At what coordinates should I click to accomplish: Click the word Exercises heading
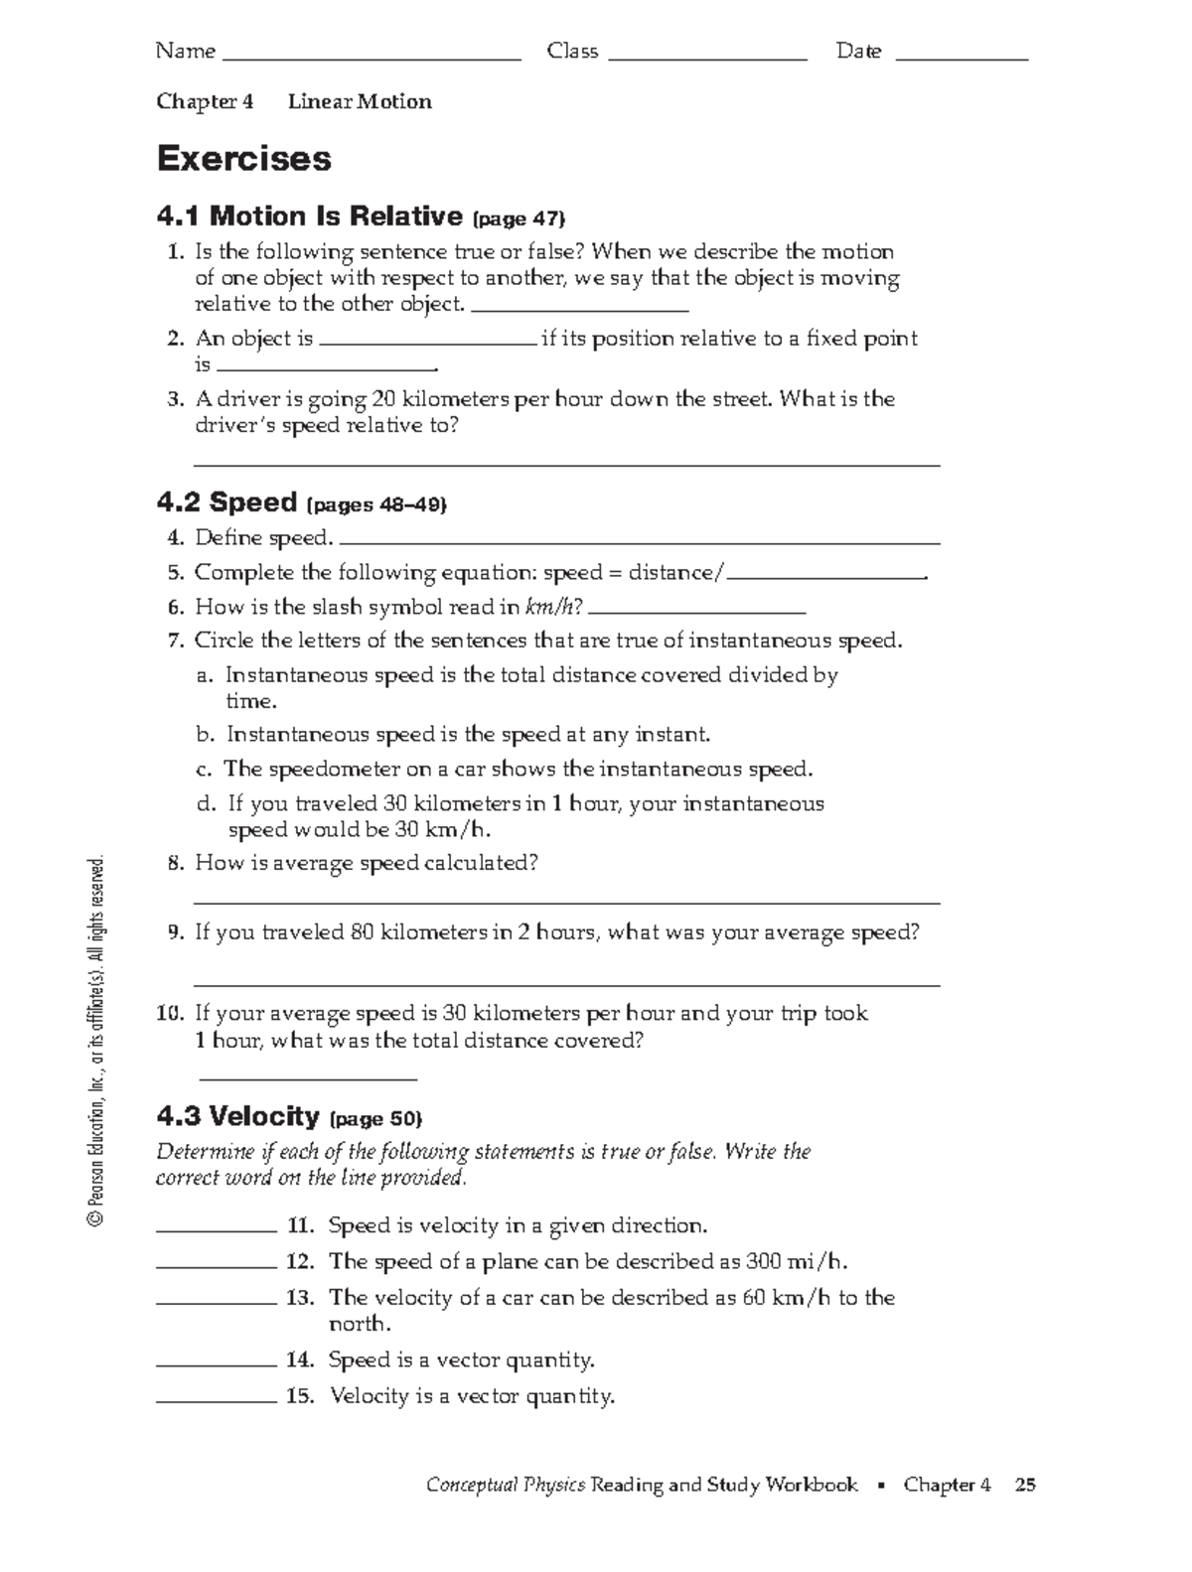[244, 159]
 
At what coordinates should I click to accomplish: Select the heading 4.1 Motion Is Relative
[310, 216]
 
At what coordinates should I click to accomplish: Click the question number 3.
[176, 399]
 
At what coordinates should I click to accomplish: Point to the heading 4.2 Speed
[227, 502]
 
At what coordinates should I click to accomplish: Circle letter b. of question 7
[206, 735]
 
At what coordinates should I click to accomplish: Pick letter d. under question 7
[206, 804]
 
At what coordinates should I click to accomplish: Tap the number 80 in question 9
[362, 933]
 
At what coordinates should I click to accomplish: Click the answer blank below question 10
[308, 1076]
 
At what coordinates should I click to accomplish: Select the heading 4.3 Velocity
[238, 1117]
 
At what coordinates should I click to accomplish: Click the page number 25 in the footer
[1026, 1486]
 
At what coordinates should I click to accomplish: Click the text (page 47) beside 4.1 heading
[519, 218]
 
